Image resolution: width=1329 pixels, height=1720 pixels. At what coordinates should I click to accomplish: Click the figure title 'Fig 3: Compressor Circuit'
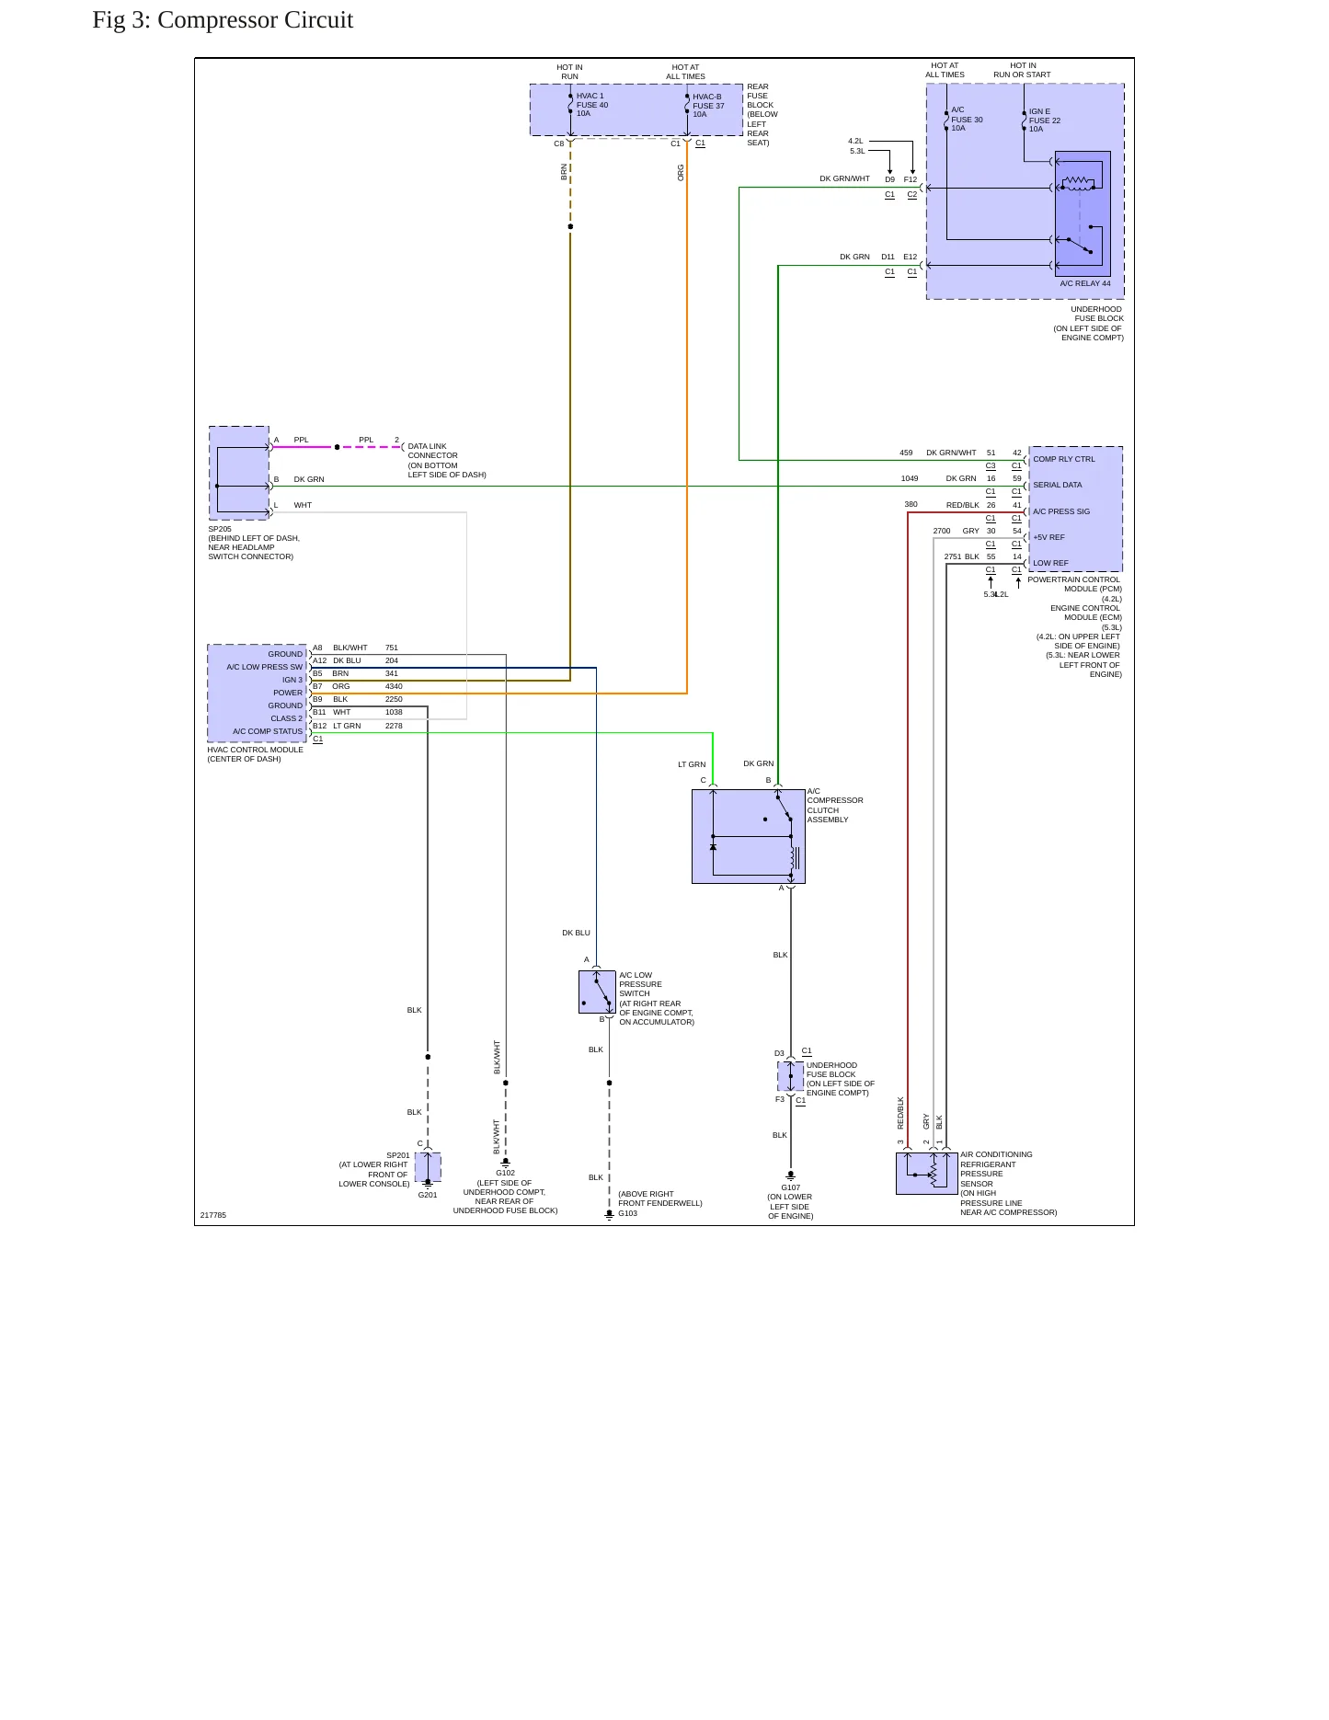pyautogui.click(x=223, y=20)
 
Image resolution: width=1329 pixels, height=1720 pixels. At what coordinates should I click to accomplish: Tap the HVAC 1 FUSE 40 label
pyautogui.click(x=592, y=100)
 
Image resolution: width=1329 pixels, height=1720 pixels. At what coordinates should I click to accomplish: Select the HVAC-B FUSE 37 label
pyautogui.click(x=708, y=101)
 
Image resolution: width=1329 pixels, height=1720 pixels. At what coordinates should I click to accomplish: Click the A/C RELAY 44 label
pyautogui.click(x=1085, y=283)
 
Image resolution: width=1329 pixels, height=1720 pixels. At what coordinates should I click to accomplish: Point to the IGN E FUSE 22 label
pyautogui.click(x=1045, y=116)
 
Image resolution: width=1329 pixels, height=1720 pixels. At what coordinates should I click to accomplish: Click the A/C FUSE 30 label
pyautogui.click(x=967, y=115)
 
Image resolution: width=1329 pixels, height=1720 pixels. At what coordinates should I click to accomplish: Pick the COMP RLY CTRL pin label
pyautogui.click(x=1064, y=459)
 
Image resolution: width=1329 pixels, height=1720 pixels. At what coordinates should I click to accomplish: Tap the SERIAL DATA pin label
pyautogui.click(x=1058, y=485)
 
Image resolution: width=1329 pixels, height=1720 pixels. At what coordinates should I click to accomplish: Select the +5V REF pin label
pyautogui.click(x=1048, y=537)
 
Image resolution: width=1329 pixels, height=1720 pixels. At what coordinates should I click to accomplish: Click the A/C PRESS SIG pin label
pyautogui.click(x=1061, y=511)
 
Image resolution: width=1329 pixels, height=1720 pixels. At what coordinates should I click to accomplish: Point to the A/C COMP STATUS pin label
pyautogui.click(x=268, y=731)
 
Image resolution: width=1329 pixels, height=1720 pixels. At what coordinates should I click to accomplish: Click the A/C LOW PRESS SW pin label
pyautogui.click(x=265, y=667)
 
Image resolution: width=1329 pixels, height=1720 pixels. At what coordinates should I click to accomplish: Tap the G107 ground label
pyautogui.click(x=791, y=1187)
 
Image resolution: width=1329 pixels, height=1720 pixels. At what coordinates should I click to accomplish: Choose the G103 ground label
pyautogui.click(x=627, y=1213)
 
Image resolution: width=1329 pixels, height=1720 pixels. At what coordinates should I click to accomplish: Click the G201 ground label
pyautogui.click(x=428, y=1195)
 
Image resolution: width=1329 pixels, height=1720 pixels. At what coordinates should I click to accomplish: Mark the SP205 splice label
pyautogui.click(x=220, y=529)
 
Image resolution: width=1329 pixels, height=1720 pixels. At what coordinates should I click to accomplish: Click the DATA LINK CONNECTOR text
pyautogui.click(x=433, y=451)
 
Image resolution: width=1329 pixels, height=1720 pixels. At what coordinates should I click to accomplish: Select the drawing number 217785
pyautogui.click(x=213, y=1215)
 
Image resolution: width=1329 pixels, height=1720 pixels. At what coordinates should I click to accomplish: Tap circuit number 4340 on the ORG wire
pyautogui.click(x=394, y=686)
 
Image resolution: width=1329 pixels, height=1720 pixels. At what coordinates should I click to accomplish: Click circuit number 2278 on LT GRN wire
pyautogui.click(x=394, y=726)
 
